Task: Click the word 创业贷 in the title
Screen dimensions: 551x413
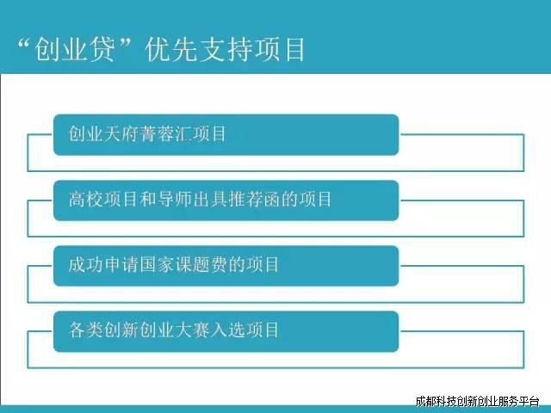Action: pyautogui.click(x=75, y=50)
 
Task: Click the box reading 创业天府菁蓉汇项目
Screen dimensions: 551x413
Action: pyautogui.click(x=226, y=134)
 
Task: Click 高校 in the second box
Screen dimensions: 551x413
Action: pyautogui.click(x=85, y=199)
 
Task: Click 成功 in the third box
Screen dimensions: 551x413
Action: pyautogui.click(x=85, y=264)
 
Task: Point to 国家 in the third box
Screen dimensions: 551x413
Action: pyautogui.click(x=156, y=264)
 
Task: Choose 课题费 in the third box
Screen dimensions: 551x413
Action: pyautogui.click(x=201, y=264)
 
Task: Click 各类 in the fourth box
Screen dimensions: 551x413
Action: pyautogui.click(x=85, y=330)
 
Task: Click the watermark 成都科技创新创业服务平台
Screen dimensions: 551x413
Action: pyautogui.click(x=478, y=401)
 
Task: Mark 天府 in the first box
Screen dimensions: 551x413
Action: pyautogui.click(x=121, y=134)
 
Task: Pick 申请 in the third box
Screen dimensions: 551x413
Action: pyautogui.click(x=121, y=264)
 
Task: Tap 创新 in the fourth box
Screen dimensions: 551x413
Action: pyautogui.click(x=121, y=330)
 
